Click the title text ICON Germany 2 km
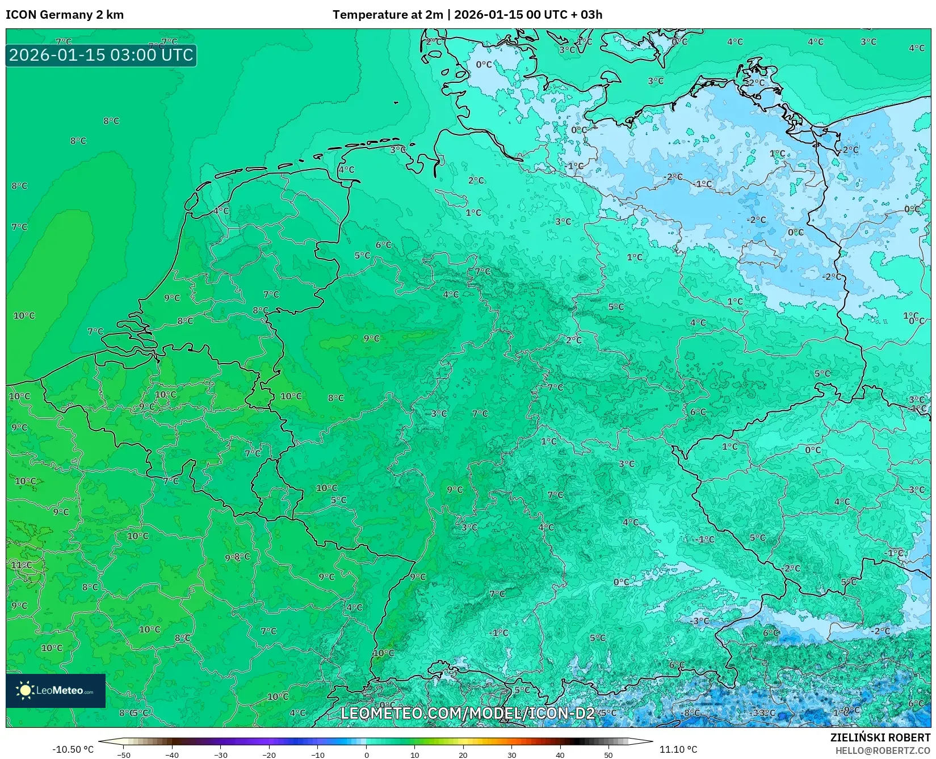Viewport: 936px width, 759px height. pyautogui.click(x=65, y=15)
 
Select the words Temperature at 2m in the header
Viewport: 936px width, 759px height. pyautogui.click(x=388, y=15)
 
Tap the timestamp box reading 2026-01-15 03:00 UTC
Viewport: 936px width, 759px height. pyautogui.click(x=101, y=56)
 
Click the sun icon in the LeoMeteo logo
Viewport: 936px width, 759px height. pyautogui.click(x=25, y=690)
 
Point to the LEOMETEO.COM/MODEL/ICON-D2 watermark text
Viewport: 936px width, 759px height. pyautogui.click(x=468, y=713)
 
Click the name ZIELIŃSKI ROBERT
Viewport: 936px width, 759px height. pyautogui.click(x=880, y=737)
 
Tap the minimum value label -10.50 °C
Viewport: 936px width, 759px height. pyautogui.click(x=73, y=749)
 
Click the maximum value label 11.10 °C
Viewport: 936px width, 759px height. pyautogui.click(x=678, y=749)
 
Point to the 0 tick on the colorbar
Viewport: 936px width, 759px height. pyautogui.click(x=367, y=755)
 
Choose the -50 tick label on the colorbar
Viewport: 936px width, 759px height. pyautogui.click(x=123, y=755)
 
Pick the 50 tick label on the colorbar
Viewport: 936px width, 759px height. pyautogui.click(x=608, y=755)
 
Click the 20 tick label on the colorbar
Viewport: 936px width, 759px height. pyautogui.click(x=463, y=755)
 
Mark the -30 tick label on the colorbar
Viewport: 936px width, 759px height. pyautogui.click(x=220, y=755)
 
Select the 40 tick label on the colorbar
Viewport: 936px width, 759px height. pyautogui.click(x=560, y=755)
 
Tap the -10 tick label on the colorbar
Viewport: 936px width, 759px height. pyautogui.click(x=317, y=755)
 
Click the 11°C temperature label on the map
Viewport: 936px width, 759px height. pyautogui.click(x=22, y=565)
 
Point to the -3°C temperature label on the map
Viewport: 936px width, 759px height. pyautogui.click(x=700, y=621)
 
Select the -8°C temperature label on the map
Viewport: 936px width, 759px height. pyautogui.click(x=691, y=713)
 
